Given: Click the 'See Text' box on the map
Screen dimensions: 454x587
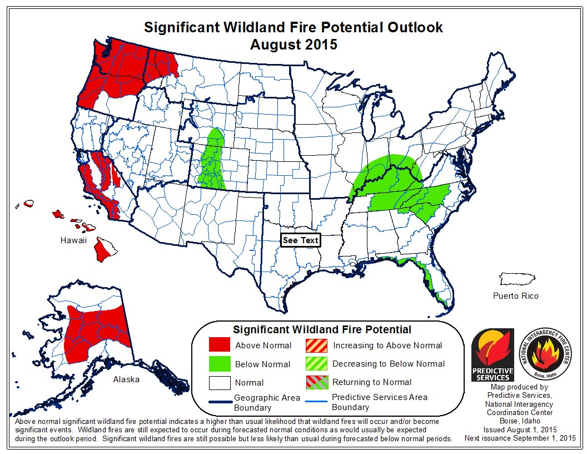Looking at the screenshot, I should pyautogui.click(x=300, y=240).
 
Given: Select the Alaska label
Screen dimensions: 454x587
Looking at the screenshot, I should pyautogui.click(x=126, y=379).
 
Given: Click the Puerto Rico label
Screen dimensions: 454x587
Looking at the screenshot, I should pyautogui.click(x=515, y=295).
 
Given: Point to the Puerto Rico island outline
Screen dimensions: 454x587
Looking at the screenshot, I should pyautogui.click(x=516, y=278).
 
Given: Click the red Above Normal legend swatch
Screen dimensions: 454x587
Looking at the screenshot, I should pyautogui.click(x=219, y=345).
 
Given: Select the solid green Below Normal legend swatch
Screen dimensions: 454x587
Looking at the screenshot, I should pyautogui.click(x=219, y=364).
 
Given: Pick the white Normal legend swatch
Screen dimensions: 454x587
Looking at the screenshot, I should pyautogui.click(x=219, y=383).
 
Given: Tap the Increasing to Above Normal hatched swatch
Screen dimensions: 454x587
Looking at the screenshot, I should pyautogui.click(x=316, y=345).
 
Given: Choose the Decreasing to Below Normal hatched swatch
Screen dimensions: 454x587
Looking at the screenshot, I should pyautogui.click(x=316, y=364).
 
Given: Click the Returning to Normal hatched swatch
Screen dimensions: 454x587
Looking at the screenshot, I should pyautogui.click(x=316, y=382).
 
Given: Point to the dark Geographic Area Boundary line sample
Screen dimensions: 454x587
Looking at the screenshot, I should pyautogui.click(x=219, y=402).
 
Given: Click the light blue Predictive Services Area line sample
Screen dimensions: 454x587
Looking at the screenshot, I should pyautogui.click(x=316, y=402).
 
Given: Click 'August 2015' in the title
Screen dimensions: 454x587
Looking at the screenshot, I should pyautogui.click(x=293, y=45).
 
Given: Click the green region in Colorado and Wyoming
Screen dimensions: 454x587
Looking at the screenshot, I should pyautogui.click(x=213, y=161).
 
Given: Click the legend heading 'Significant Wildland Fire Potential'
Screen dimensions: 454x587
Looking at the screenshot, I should pyautogui.click(x=322, y=329).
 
